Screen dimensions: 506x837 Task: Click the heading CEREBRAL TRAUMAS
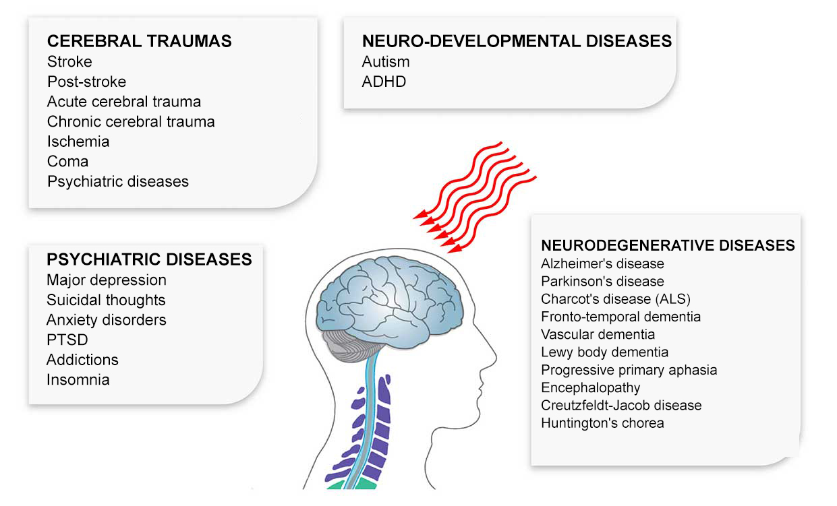pyautogui.click(x=139, y=41)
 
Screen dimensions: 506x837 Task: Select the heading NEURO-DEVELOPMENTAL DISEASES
pyautogui.click(x=517, y=42)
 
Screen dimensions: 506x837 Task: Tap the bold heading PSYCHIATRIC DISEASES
pyautogui.click(x=149, y=259)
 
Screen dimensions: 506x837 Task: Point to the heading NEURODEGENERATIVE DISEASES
pyautogui.click(x=668, y=245)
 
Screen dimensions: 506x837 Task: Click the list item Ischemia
pyautogui.click(x=78, y=141)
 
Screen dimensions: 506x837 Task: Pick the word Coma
pyautogui.click(x=67, y=162)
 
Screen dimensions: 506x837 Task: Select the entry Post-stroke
pyautogui.click(x=86, y=82)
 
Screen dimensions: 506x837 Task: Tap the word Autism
pyautogui.click(x=386, y=61)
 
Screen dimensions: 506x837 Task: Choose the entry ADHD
pyautogui.click(x=384, y=82)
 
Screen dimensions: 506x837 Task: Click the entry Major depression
pyautogui.click(x=107, y=280)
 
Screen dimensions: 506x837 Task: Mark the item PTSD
pyautogui.click(x=67, y=340)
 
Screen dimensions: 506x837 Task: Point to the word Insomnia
pyautogui.click(x=78, y=379)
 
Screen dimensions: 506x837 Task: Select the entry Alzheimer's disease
pyautogui.click(x=602, y=263)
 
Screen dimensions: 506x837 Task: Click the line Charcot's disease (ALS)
pyautogui.click(x=616, y=298)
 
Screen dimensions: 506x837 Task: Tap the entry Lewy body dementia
pyautogui.click(x=604, y=352)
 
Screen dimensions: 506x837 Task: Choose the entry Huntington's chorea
pyautogui.click(x=602, y=423)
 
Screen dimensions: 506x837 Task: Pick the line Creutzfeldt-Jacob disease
pyautogui.click(x=621, y=405)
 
